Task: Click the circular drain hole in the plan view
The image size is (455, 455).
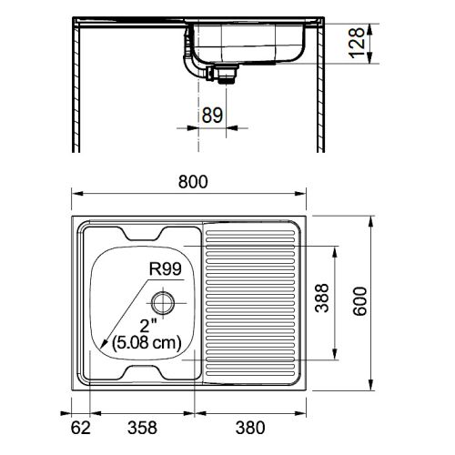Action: (163, 301)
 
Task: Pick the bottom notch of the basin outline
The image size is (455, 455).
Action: (144, 372)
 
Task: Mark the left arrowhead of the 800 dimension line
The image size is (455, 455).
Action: (77, 194)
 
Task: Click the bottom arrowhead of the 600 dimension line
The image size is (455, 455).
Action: (372, 390)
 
